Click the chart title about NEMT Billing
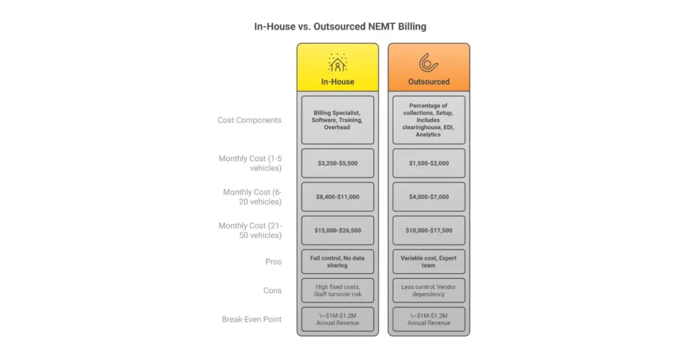[340, 27]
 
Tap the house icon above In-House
[337, 62]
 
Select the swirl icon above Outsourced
[428, 62]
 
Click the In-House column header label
[337, 82]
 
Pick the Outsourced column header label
[429, 82]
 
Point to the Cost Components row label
[250, 120]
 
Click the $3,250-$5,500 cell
[337, 163]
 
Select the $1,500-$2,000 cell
[429, 163]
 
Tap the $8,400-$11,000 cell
[337, 197]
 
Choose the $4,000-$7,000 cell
[429, 197]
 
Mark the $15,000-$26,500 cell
[337, 230]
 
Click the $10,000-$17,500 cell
[429, 230]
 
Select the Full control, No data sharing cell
[337, 261]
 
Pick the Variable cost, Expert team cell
[429, 261]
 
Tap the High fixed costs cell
[337, 290]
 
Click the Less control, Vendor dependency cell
[429, 290]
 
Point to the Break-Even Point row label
[252, 319]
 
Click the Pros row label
[273, 262]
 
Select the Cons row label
[272, 290]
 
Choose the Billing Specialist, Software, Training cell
[337, 120]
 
